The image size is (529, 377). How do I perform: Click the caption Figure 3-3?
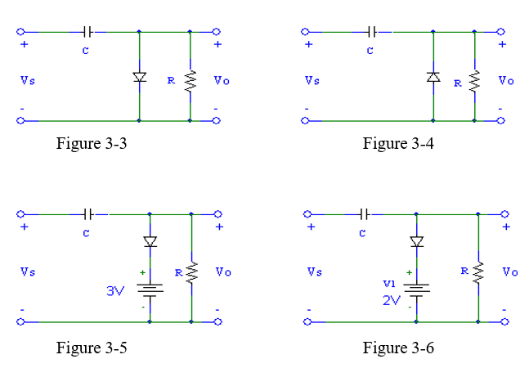coord(92,144)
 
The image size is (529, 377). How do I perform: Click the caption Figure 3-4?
coord(398,144)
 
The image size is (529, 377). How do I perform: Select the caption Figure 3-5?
coord(92,348)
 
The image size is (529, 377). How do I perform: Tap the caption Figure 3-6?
coord(398,348)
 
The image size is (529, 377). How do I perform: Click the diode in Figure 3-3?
coord(139,78)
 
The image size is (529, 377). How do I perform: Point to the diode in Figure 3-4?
coord(433,78)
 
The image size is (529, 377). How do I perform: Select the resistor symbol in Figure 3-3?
coord(191,80)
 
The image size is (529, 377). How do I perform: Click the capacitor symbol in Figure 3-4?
coord(372,32)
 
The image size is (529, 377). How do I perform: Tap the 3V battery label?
coord(115,290)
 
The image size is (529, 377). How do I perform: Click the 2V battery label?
coord(392,300)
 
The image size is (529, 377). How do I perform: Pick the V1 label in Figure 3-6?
coord(388,284)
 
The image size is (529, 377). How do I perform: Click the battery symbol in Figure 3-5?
coord(150,289)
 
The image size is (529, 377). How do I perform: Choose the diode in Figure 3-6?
coord(417,242)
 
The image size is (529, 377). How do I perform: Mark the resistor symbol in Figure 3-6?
coord(478,271)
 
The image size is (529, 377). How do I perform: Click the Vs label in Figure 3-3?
coord(29,80)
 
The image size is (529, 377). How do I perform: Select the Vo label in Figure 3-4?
coord(507,80)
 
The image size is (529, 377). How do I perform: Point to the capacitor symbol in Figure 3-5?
coord(89,214)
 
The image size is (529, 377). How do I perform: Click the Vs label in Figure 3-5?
coord(29,272)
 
